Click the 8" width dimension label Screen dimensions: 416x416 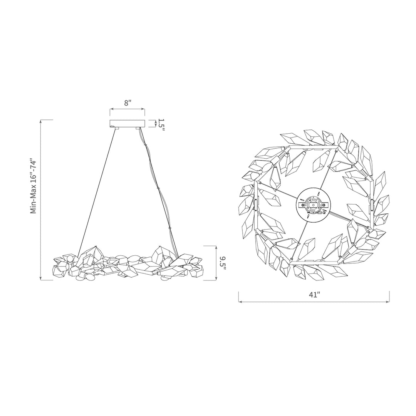(x=128, y=103)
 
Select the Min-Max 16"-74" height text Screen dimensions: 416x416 (x=34, y=186)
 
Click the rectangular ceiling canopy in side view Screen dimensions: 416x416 (x=127, y=124)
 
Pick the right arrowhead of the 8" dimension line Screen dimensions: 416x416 (x=143, y=109)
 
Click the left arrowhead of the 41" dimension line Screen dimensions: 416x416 (x=240, y=302)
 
